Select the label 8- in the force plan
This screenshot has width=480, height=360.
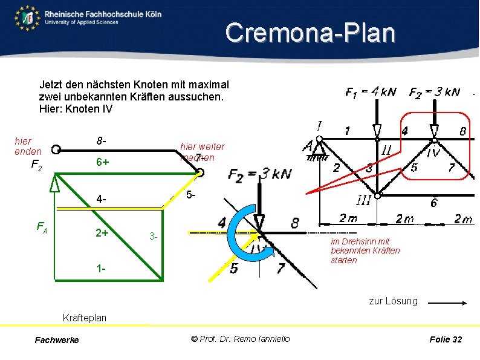click(x=101, y=142)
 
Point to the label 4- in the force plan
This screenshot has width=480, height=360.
click(x=101, y=200)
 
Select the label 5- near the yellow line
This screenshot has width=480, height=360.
click(x=190, y=195)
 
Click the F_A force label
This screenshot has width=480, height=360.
click(x=42, y=227)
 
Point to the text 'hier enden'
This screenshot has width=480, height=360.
click(x=28, y=146)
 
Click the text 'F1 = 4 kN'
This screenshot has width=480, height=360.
click(x=371, y=92)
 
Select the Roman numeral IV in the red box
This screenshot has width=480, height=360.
click(x=433, y=153)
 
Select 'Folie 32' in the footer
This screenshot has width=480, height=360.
click(x=445, y=339)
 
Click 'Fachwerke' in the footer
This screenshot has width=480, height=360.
click(x=57, y=340)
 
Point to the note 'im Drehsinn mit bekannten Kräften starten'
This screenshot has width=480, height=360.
click(x=365, y=250)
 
